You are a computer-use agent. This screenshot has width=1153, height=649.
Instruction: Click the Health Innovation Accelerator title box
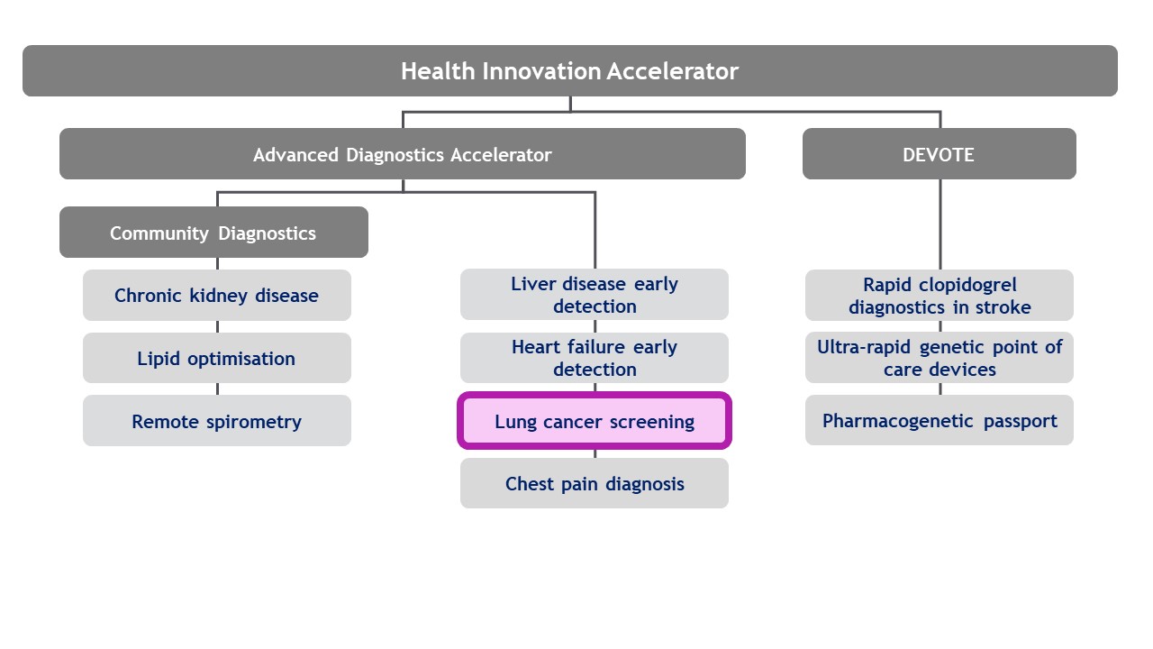[569, 71]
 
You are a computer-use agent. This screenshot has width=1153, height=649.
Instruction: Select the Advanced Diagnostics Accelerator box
[402, 154]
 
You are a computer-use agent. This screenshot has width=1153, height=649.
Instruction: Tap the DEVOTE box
[939, 154]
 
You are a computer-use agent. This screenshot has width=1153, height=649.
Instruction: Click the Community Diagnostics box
[213, 233]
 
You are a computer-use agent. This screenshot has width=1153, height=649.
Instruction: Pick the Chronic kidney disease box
[216, 296]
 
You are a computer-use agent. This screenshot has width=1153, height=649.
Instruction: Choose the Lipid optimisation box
[216, 359]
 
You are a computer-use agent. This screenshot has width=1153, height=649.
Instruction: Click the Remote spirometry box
[216, 421]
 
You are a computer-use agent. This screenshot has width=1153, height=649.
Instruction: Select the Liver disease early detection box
[594, 295]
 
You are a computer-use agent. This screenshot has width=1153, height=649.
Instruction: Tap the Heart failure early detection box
[594, 358]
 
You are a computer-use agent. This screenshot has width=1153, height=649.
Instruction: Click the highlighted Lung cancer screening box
[594, 421]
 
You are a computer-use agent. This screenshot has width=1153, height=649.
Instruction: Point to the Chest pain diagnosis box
[594, 484]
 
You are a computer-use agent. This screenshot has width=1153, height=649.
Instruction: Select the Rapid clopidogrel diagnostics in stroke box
[939, 295]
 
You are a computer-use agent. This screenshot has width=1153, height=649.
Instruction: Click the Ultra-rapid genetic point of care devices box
[939, 358]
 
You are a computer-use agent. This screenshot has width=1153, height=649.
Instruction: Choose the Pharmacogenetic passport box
[939, 421]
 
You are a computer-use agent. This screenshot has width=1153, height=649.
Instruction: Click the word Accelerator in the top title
[672, 71]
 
